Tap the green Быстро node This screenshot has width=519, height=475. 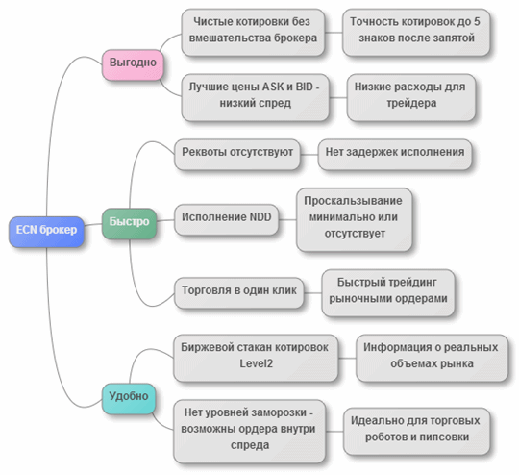(x=129, y=221)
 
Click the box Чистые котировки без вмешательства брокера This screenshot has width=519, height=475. (x=252, y=32)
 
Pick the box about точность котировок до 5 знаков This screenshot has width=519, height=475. (x=416, y=32)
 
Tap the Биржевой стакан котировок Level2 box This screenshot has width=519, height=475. (x=257, y=357)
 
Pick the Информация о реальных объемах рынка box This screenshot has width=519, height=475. (x=431, y=357)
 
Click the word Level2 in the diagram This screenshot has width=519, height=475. (x=257, y=365)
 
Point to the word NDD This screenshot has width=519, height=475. (x=256, y=217)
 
